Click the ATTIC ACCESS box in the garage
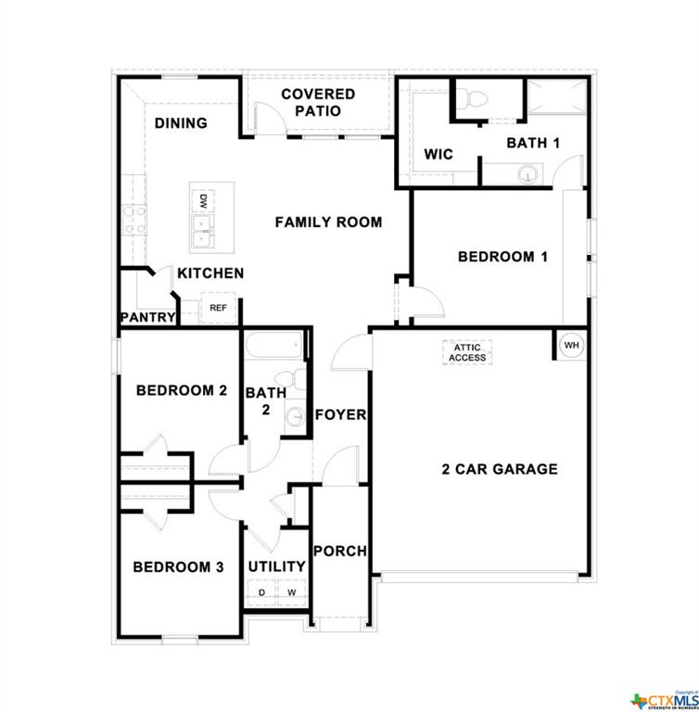[467, 352]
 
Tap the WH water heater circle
[571, 345]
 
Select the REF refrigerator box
[218, 308]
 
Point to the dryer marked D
[261, 591]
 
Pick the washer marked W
[290, 591]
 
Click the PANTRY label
[147, 317]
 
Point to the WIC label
[438, 154]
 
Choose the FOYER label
[340, 414]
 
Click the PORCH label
[339, 551]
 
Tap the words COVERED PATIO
[318, 103]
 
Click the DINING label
[181, 123]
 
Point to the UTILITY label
[276, 566]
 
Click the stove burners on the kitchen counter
[134, 221]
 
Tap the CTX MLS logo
[662, 698]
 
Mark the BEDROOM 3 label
[178, 567]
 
